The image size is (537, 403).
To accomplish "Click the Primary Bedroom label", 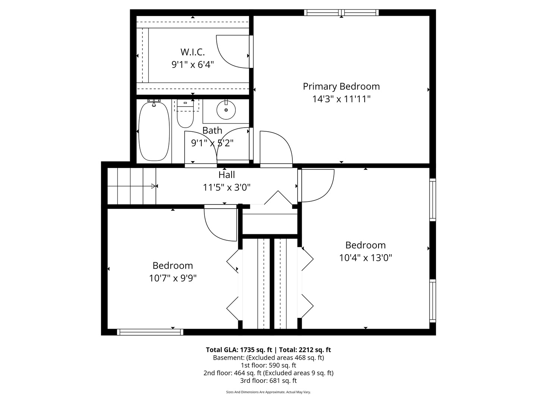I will pyautogui.click(x=341, y=87).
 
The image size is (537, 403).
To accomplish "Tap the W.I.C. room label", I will pyautogui.click(x=192, y=52).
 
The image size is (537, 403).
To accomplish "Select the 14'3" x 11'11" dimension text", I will pyautogui.click(x=341, y=99).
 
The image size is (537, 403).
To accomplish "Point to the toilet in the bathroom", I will pyautogui.click(x=185, y=117).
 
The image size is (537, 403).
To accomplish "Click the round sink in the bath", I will pyautogui.click(x=226, y=110).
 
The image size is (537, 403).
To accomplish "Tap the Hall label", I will pyautogui.click(x=226, y=175).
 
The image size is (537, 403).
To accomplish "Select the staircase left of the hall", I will pyautogui.click(x=131, y=186).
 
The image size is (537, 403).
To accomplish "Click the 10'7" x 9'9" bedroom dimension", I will pyautogui.click(x=173, y=278).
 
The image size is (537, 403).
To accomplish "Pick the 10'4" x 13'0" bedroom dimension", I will pyautogui.click(x=365, y=258).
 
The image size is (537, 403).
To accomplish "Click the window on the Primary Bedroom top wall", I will pyautogui.click(x=341, y=13).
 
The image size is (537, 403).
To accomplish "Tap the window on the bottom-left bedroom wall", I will pyautogui.click(x=150, y=332).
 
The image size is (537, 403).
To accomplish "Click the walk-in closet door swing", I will pyautogui.click(x=233, y=52).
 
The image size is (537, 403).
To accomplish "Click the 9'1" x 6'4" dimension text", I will pyautogui.click(x=192, y=65).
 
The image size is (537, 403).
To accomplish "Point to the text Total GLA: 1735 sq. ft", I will pyautogui.click(x=239, y=350).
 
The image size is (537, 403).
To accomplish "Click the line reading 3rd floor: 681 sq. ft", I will pyautogui.click(x=268, y=381).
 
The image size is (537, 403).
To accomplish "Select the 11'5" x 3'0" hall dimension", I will pyautogui.click(x=226, y=187).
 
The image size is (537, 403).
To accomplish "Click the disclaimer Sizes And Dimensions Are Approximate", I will pyautogui.click(x=268, y=392).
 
